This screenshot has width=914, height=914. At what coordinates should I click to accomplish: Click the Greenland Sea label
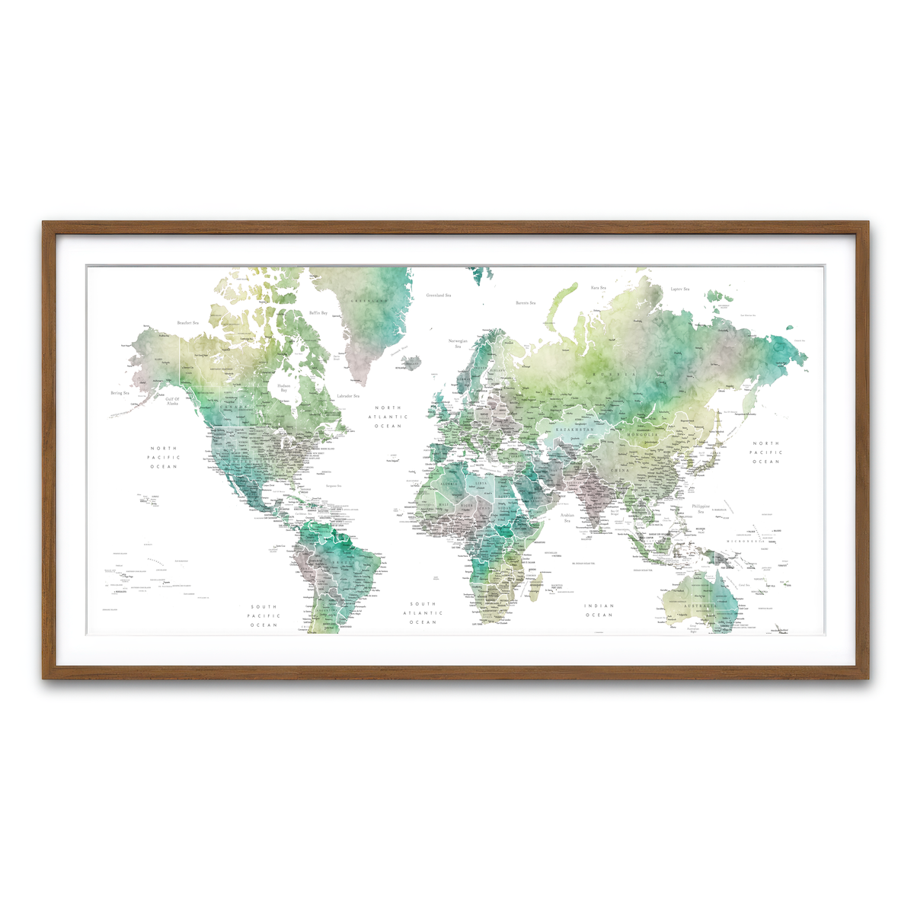click(x=438, y=295)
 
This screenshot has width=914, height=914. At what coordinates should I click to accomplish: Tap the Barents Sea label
click(x=526, y=303)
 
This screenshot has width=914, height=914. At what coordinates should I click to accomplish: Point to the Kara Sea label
click(x=599, y=288)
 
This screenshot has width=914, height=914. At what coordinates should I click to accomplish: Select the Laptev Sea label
click(x=680, y=289)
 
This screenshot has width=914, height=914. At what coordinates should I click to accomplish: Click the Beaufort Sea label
click(x=188, y=323)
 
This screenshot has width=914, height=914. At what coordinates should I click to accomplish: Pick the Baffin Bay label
click(x=318, y=313)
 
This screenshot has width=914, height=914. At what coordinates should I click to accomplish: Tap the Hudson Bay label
click(x=283, y=388)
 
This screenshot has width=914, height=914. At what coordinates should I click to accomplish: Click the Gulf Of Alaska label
click(x=173, y=401)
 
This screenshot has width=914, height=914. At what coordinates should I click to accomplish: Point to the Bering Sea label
click(x=120, y=393)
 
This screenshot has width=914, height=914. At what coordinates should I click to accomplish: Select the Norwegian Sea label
click(x=458, y=344)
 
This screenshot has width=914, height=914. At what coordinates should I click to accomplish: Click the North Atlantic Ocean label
click(x=388, y=417)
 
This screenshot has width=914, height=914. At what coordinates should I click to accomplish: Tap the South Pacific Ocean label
click(x=264, y=616)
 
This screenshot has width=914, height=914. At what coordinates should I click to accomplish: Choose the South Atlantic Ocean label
click(x=423, y=613)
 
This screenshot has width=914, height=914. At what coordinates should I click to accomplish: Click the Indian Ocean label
click(x=599, y=610)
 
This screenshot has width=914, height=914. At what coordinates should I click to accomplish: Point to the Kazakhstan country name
click(x=574, y=430)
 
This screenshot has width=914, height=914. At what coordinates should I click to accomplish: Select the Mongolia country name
click(x=642, y=434)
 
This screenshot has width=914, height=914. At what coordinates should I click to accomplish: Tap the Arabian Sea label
click(x=567, y=518)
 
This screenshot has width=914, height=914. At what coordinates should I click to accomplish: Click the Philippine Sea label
click(x=701, y=509)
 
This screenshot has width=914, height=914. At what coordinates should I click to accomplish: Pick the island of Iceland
click(x=411, y=363)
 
